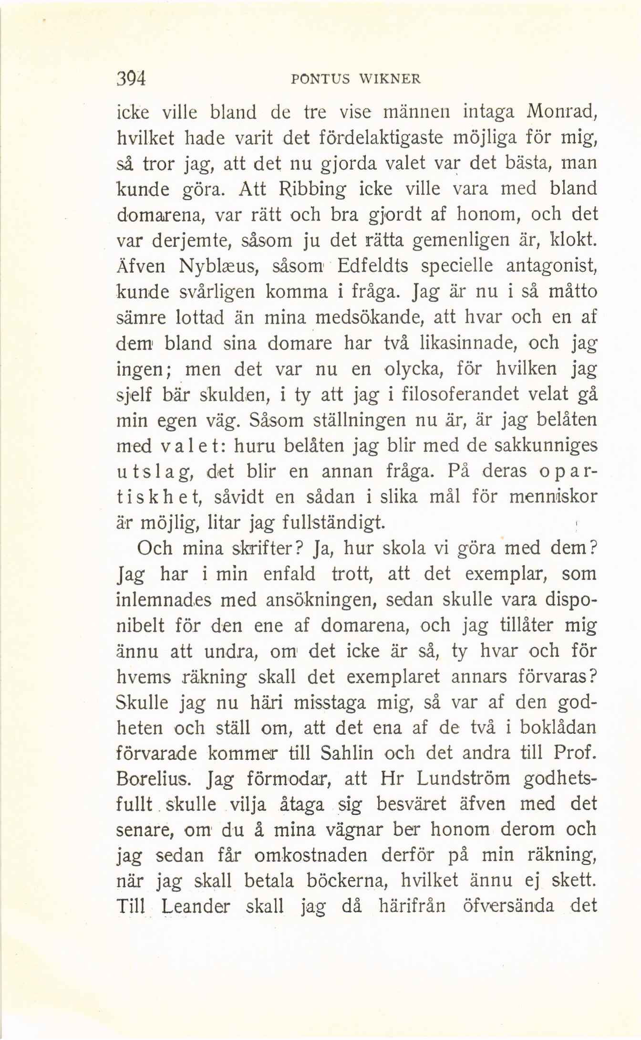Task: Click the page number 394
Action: point(131,78)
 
